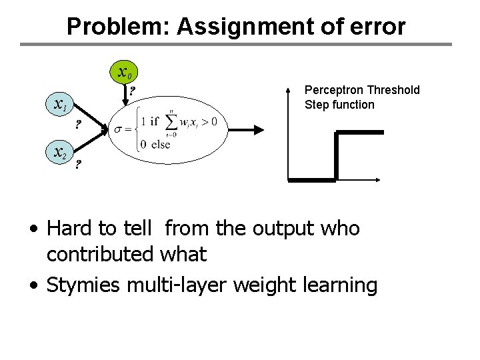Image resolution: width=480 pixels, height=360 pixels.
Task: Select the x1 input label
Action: pos(59,105)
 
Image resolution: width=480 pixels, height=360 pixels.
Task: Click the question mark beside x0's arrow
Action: pos(133,91)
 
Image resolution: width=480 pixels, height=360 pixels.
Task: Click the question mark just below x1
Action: pos(77,124)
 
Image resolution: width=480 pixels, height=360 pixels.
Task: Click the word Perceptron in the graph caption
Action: pos(331,90)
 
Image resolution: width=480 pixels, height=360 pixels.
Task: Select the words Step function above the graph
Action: pos(339,105)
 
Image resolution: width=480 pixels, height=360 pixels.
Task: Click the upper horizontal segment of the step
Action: pos(359,133)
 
